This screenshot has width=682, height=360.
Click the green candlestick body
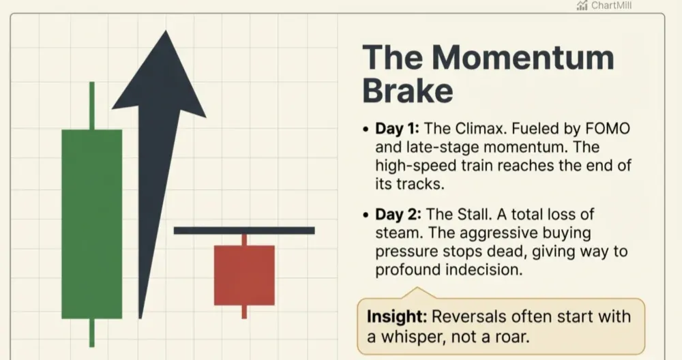[91, 224]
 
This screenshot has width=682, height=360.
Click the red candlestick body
[244, 275]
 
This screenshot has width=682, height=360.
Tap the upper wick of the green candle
[91, 106]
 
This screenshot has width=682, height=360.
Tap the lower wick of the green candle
[91, 332]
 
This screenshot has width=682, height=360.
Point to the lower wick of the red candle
[244, 312]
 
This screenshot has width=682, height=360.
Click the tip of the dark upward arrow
[162, 34]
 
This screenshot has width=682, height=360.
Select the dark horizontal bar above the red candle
[244, 230]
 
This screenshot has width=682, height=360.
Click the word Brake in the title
[407, 91]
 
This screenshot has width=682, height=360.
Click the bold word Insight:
[396, 317]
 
